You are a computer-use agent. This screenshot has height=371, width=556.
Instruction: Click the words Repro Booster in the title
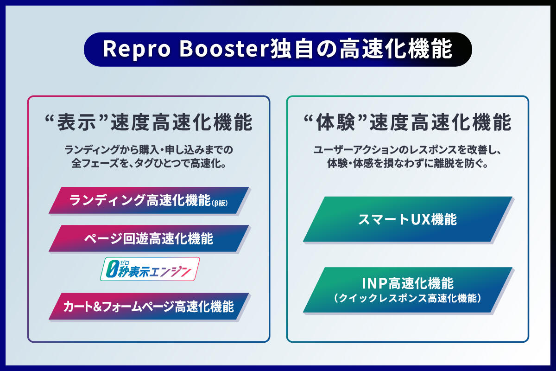(x=185, y=50)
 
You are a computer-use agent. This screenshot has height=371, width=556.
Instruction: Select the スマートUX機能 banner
(x=407, y=219)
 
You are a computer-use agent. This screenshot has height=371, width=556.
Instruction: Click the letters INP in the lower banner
(x=375, y=283)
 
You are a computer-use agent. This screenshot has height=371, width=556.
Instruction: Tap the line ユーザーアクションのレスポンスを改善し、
(x=407, y=150)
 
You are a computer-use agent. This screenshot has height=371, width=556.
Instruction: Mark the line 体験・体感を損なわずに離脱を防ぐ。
(x=407, y=164)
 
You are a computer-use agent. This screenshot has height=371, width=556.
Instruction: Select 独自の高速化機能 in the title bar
(x=361, y=50)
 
